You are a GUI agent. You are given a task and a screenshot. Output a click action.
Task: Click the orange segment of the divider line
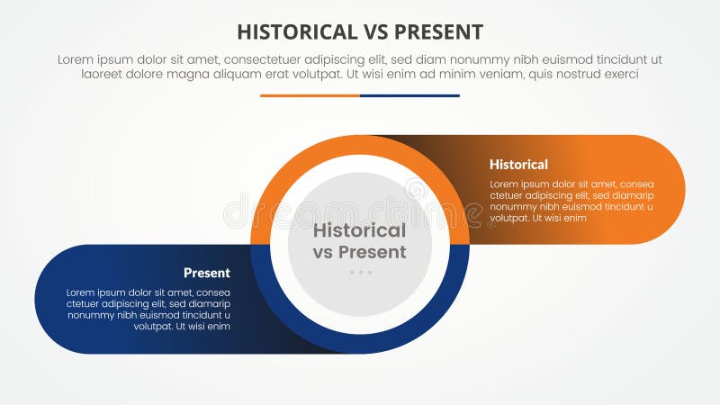(x=310, y=95)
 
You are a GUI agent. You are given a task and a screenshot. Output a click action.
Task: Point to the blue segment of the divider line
(x=409, y=95)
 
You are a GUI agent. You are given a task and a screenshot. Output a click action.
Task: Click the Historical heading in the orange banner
(x=518, y=165)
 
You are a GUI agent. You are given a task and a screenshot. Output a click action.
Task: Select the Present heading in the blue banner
(x=207, y=273)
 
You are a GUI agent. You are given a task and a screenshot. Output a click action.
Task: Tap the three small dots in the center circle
(x=360, y=272)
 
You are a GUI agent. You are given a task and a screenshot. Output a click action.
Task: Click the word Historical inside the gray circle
(x=359, y=230)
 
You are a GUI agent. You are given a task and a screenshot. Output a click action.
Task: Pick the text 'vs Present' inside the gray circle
(x=359, y=252)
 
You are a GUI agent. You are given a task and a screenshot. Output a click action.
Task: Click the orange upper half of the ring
(x=360, y=145)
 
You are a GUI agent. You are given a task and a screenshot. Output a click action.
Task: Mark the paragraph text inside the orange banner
(x=571, y=201)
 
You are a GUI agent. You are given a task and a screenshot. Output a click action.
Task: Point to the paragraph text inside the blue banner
(x=148, y=309)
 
